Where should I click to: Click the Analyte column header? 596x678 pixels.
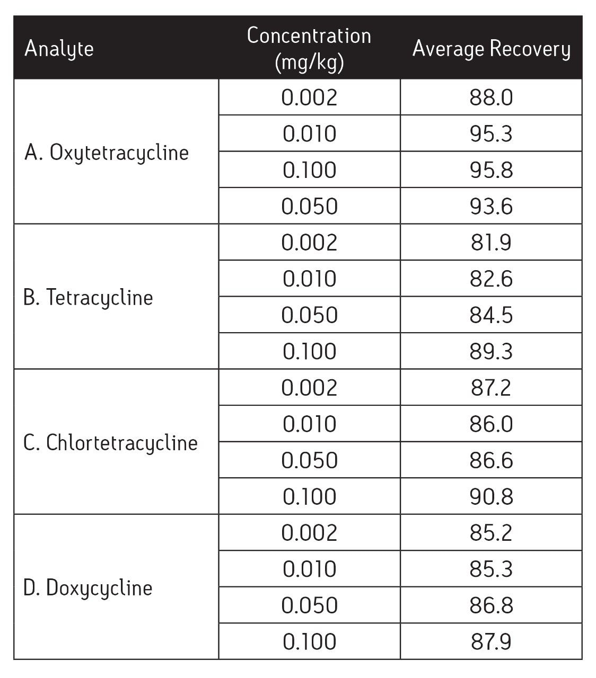59,49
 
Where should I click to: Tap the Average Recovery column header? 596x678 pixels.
491,49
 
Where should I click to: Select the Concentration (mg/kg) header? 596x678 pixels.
309,49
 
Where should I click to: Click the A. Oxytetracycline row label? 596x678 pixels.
107,153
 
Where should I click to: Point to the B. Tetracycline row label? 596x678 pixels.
88,298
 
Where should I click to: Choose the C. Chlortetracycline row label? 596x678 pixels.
110,442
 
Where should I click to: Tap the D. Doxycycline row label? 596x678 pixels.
88,587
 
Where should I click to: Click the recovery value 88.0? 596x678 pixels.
491,97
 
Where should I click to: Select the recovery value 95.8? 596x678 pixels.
491,170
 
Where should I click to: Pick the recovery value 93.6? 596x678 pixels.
491,206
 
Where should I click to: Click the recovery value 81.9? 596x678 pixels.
491,243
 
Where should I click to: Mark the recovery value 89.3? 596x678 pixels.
491,351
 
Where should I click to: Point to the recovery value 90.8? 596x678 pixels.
491,496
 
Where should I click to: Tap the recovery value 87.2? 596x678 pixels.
491,388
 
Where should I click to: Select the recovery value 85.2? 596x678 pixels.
491,533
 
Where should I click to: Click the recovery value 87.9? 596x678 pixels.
491,641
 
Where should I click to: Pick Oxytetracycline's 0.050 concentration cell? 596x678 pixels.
309,206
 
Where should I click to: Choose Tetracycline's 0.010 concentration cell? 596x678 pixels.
309,279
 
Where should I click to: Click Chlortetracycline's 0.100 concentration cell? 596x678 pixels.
309,496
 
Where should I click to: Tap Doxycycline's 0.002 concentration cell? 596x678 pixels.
309,533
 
